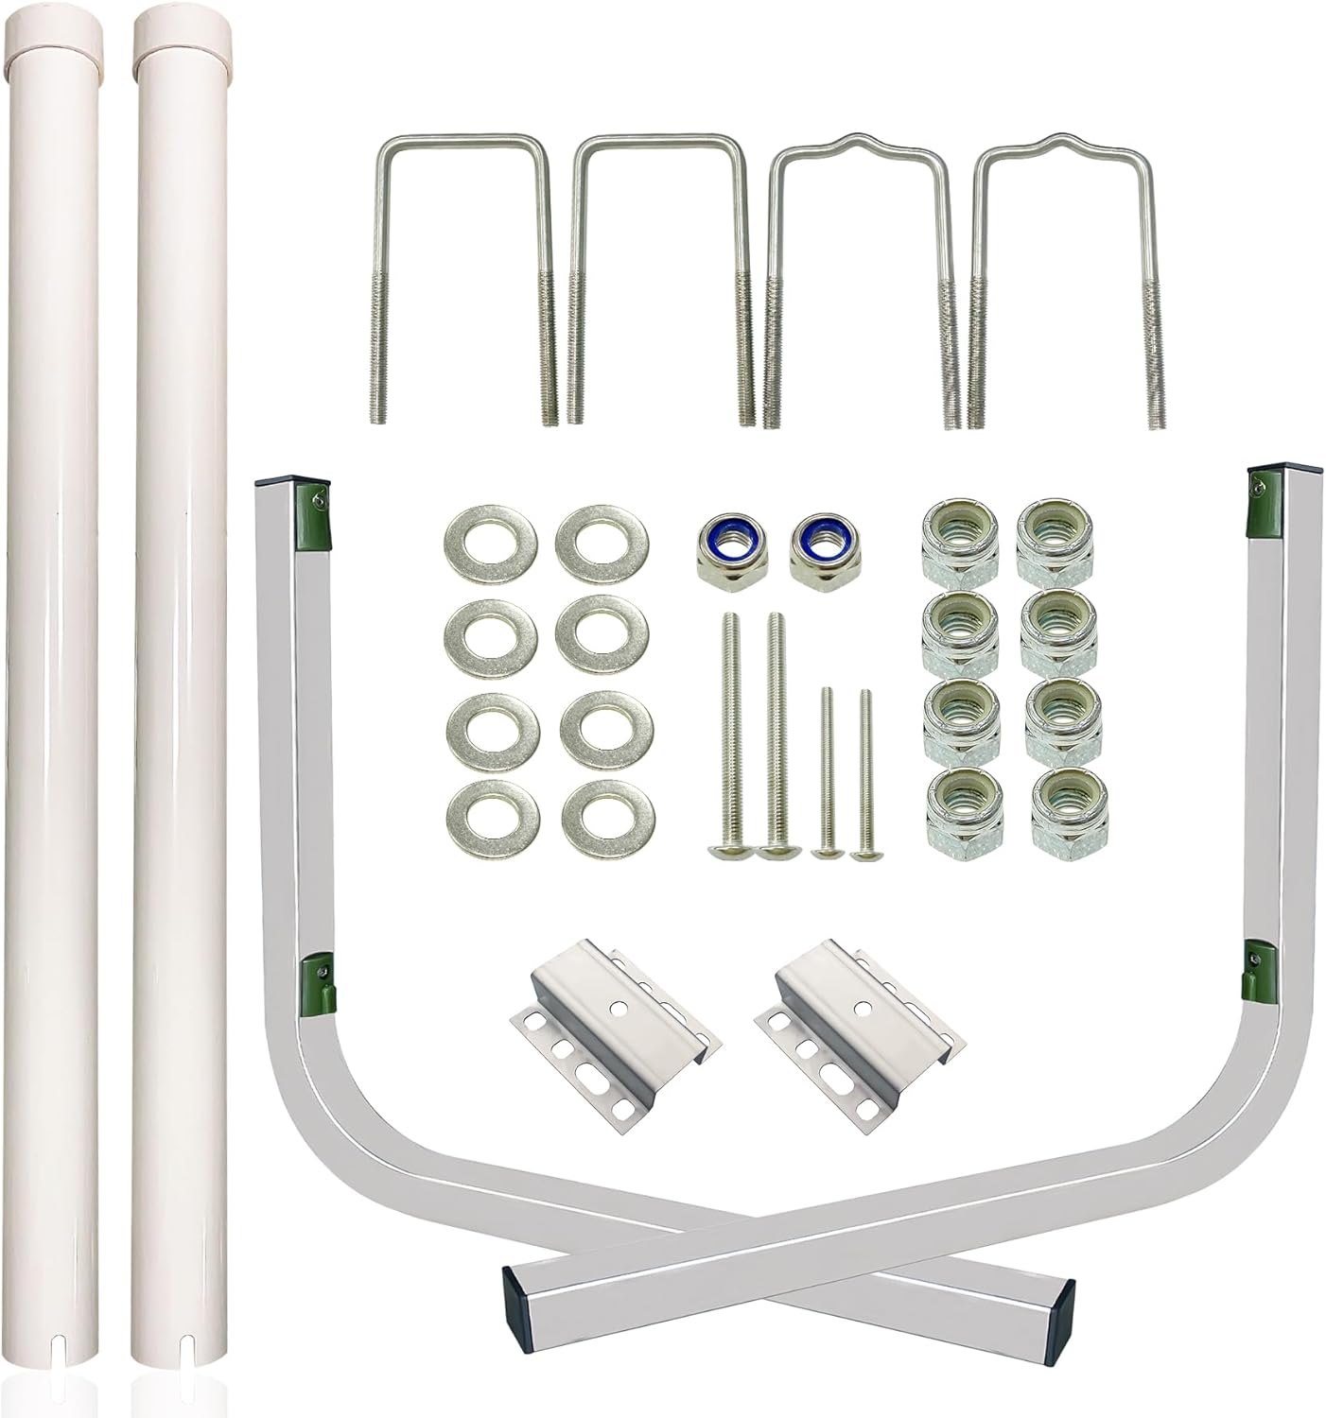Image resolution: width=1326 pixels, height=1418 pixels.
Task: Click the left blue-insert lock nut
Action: pyautogui.click(x=718, y=549)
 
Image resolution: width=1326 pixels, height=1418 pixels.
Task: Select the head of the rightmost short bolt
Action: pyautogui.click(x=863, y=854)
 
